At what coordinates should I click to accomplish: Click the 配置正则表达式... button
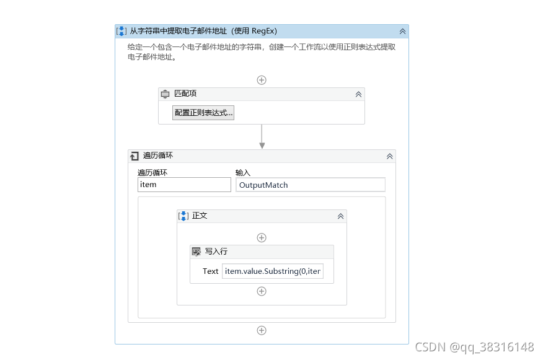pos(203,113)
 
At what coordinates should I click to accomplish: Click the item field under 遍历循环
pos(184,185)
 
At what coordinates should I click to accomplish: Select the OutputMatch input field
pos(310,185)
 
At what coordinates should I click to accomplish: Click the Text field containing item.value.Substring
pos(273,271)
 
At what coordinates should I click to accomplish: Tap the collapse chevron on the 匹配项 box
pos(358,94)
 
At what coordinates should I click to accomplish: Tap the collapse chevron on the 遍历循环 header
pos(389,156)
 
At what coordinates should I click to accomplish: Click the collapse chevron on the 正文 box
pos(340,216)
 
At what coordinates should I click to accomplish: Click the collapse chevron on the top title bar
pos(402,31)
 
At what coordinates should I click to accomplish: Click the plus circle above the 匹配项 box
pos(262,80)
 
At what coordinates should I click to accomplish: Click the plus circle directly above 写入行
pos(262,238)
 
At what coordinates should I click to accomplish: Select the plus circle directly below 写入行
pos(262,291)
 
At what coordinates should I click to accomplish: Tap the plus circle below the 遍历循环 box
pos(262,330)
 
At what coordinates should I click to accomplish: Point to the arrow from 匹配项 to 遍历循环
pos(262,137)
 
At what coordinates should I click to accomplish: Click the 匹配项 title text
pos(185,94)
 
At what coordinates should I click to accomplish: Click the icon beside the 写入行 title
pos(196,252)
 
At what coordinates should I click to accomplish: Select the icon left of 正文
pos(183,216)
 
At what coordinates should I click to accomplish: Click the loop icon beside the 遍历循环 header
pos(135,156)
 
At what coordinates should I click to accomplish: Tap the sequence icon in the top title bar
pos(122,31)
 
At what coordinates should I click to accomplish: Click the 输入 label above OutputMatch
pos(242,172)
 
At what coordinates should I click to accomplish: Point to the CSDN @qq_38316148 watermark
pos(474,346)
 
